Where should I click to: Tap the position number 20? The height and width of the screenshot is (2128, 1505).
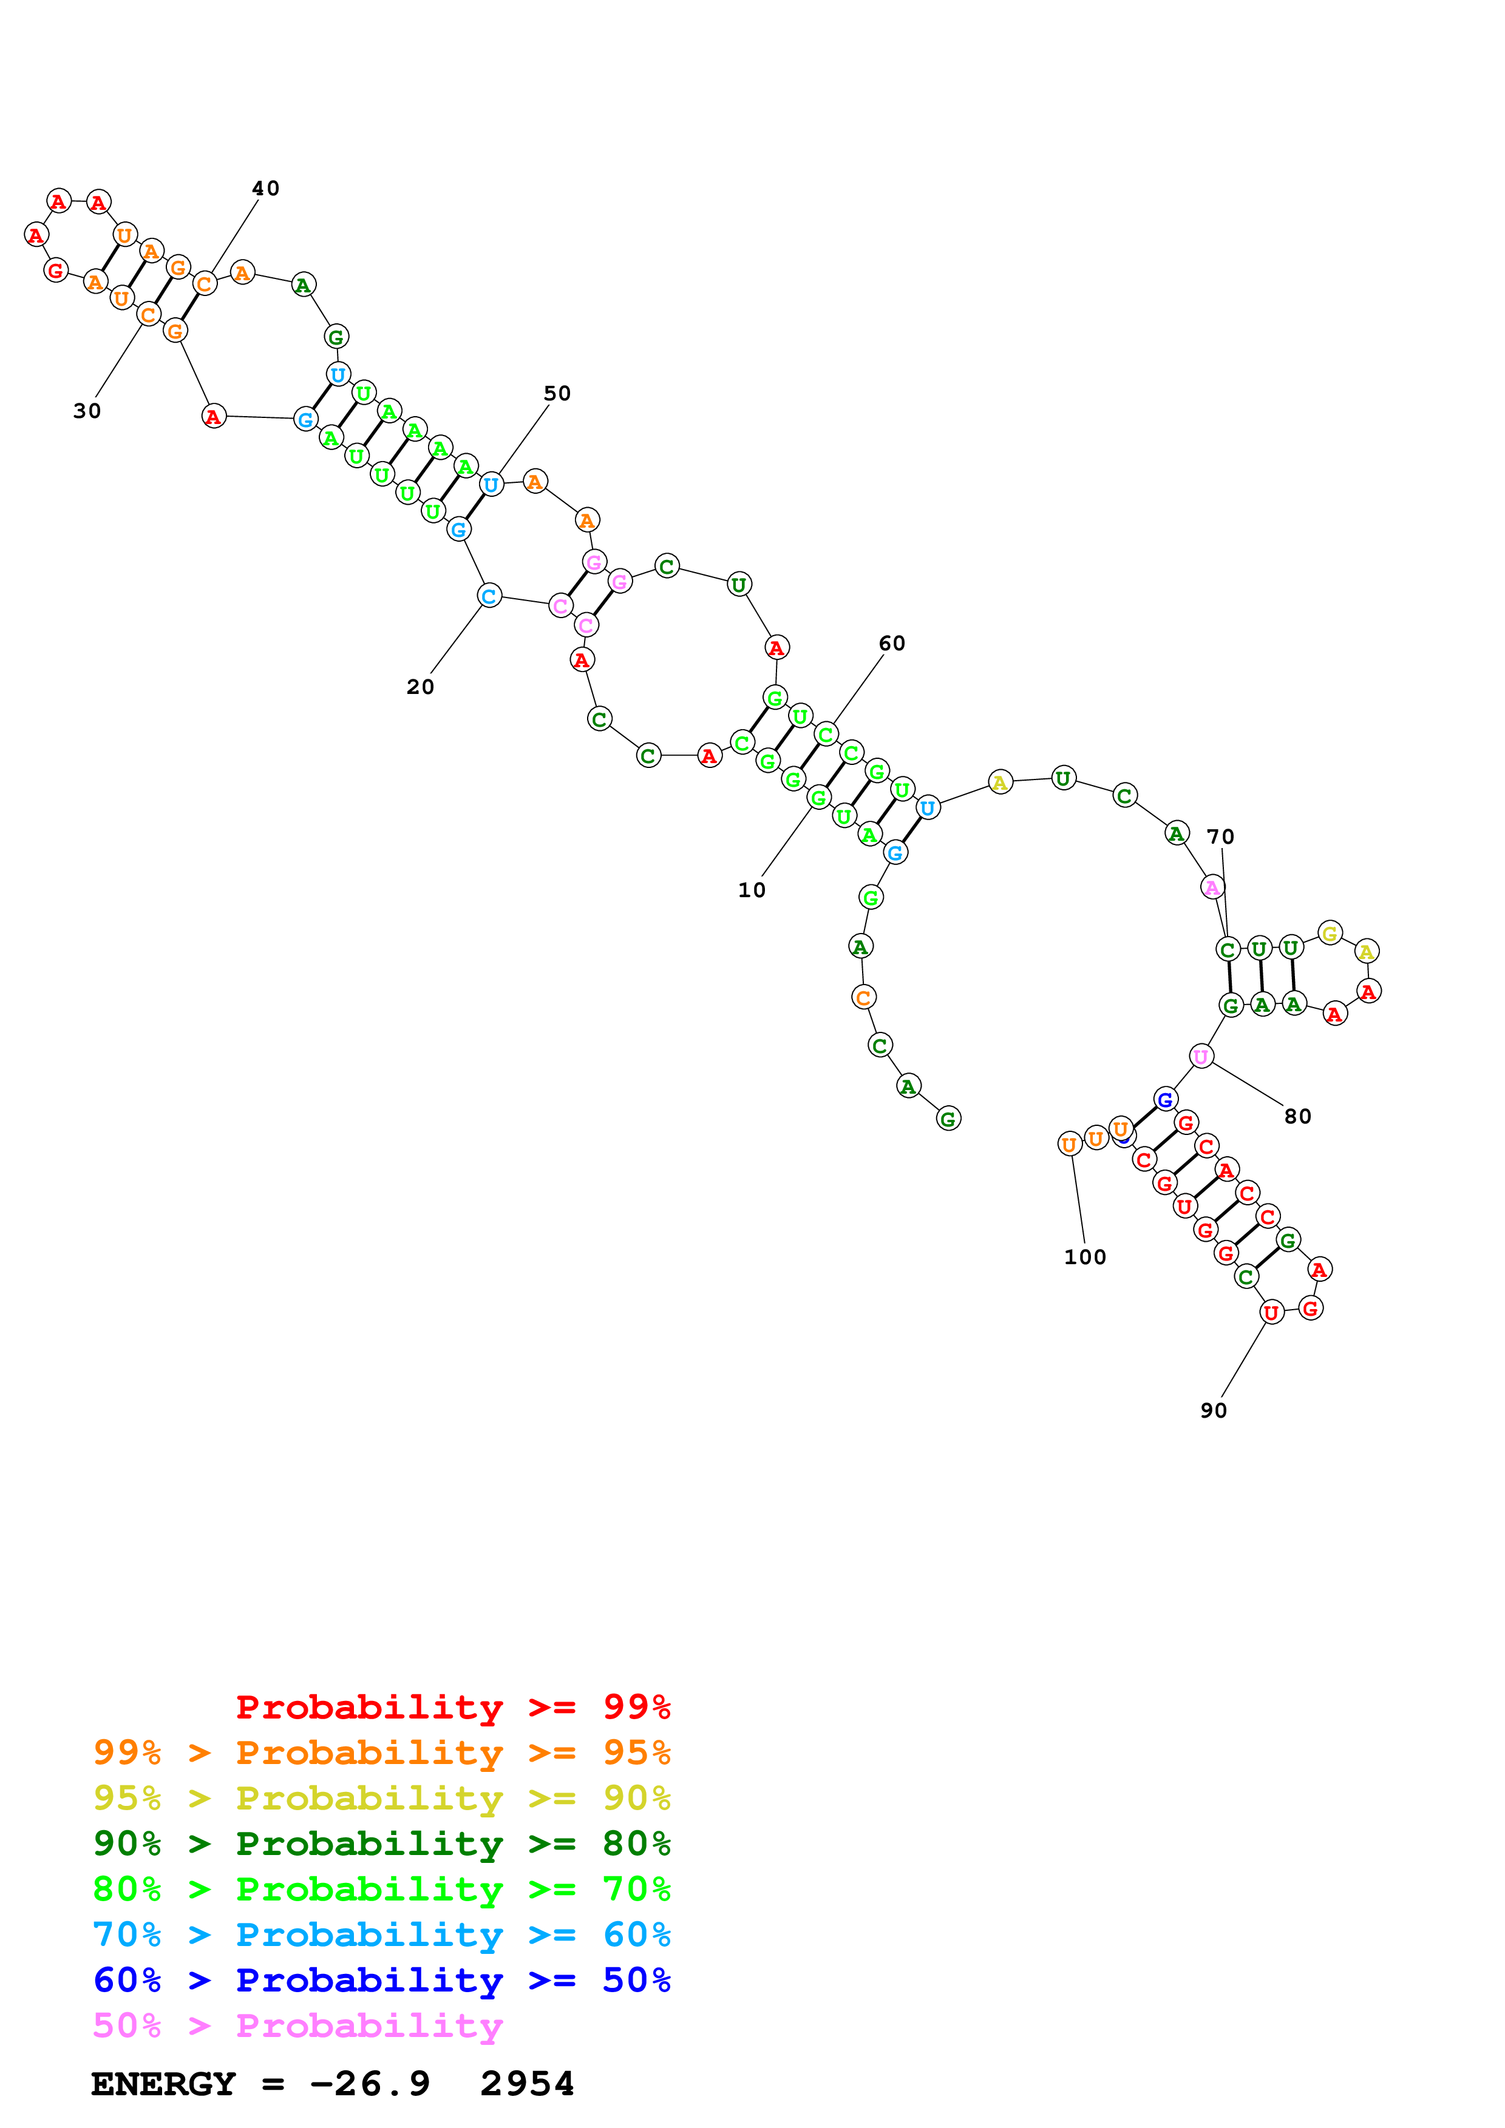pos(420,687)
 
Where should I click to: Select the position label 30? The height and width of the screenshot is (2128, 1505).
pos(87,411)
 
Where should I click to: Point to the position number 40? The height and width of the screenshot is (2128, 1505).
pos(265,188)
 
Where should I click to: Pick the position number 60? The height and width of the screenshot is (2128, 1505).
pos(891,643)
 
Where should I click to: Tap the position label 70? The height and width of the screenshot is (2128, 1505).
pos(1220,837)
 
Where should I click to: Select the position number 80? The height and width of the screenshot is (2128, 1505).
pos(1297,1116)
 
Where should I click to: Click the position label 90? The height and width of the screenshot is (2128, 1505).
pos(1213,1410)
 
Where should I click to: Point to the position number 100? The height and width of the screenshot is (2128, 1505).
pos(1085,1257)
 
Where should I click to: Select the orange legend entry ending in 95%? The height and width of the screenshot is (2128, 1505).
pos(381,1752)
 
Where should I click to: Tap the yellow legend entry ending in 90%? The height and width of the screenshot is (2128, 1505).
pos(381,1797)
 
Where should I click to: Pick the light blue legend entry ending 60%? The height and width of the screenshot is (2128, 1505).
pos(381,1934)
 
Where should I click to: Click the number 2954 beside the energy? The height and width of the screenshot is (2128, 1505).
pos(527,2084)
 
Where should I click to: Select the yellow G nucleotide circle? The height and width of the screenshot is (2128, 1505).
pos(1330,934)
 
